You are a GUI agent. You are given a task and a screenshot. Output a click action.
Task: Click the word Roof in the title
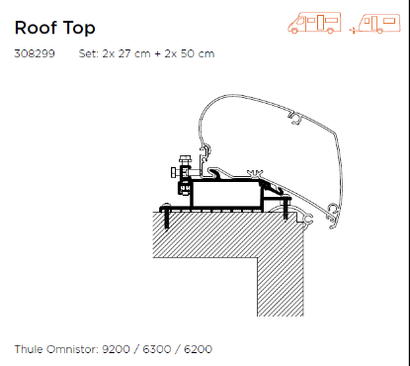tap(36, 28)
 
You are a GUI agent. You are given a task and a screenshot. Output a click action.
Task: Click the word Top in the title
tap(79, 29)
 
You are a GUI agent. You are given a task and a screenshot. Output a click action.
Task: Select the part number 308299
tap(35, 53)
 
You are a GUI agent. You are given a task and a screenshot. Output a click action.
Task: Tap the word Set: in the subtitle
tap(88, 53)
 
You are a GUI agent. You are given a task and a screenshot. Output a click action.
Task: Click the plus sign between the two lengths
tap(158, 53)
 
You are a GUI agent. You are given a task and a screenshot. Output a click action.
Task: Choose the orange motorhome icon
tap(314, 23)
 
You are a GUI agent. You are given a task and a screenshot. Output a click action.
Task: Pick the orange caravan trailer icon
tap(375, 24)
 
